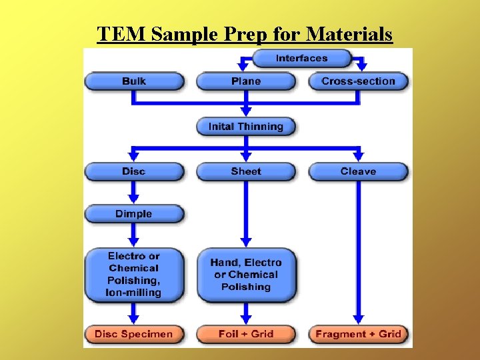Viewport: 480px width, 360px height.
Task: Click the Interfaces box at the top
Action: (301, 59)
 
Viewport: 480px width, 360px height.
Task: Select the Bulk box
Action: (134, 81)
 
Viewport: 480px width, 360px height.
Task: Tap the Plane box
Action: (246, 81)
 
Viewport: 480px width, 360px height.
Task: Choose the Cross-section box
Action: (358, 81)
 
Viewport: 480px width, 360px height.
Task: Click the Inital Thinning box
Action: (246, 127)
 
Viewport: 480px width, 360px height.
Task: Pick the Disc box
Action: (134, 171)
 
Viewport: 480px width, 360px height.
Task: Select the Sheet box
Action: (246, 171)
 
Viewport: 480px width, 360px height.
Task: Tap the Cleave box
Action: (358, 171)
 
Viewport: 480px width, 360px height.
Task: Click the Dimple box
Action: (134, 214)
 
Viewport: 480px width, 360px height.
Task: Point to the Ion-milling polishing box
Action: (134, 274)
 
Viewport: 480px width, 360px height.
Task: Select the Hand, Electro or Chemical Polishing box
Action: (246, 275)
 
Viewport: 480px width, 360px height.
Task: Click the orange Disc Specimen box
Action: (134, 334)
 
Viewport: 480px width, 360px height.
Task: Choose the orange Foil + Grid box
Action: (246, 334)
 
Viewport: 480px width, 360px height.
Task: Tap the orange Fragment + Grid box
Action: (358, 334)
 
